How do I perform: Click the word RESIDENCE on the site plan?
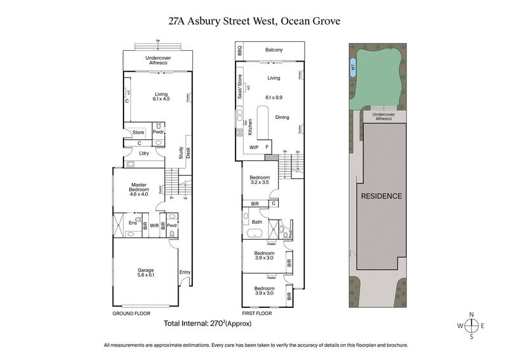coord(381,196)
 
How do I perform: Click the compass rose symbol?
coord(471,325)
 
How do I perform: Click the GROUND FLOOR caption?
coord(130,313)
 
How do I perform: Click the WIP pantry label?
coord(254,147)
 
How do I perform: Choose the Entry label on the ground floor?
coord(185,272)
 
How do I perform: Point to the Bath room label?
coord(256,222)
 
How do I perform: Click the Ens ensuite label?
coord(133,223)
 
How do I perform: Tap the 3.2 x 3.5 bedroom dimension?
coord(260,183)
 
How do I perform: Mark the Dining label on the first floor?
coord(282,117)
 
